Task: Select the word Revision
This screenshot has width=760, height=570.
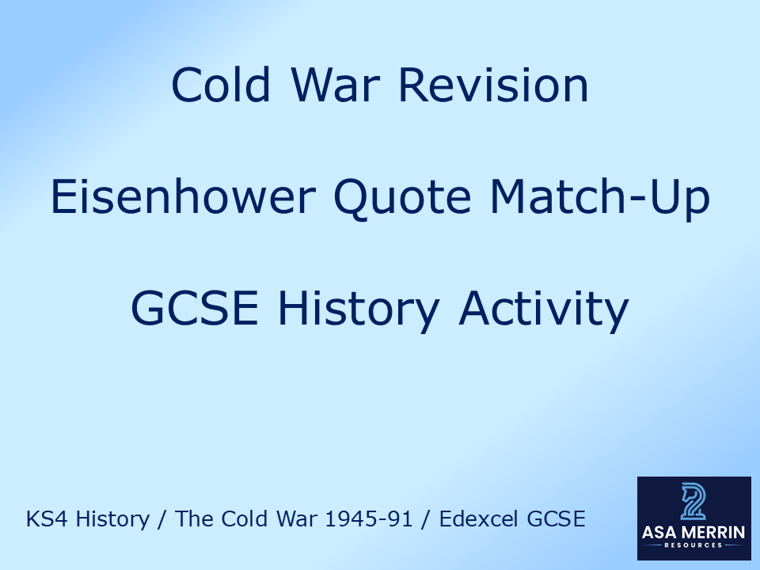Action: [x=493, y=85]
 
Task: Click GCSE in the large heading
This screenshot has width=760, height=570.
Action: [x=194, y=309]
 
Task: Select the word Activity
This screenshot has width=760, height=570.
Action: [x=543, y=309]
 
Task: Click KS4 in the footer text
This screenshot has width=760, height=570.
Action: [x=44, y=519]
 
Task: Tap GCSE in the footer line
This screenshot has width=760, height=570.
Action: [x=558, y=519]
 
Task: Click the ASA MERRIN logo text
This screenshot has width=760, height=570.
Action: [x=693, y=533]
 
